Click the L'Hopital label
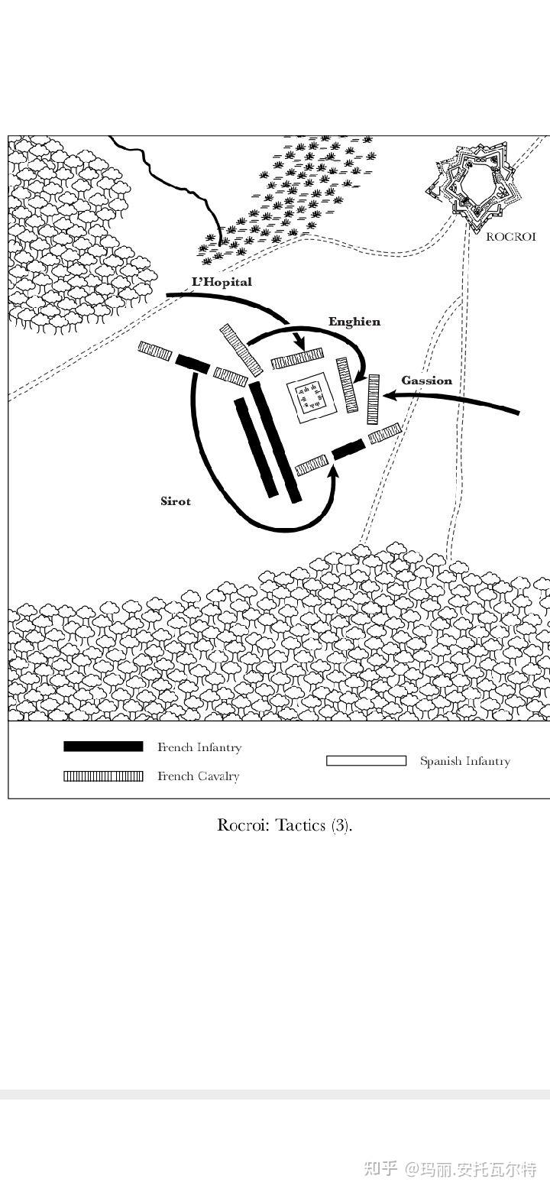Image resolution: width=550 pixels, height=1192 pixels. (222, 281)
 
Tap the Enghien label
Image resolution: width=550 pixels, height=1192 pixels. (354, 322)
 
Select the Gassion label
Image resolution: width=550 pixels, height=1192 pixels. (426, 381)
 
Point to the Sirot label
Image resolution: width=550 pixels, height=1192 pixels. (176, 501)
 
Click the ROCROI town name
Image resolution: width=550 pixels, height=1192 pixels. (510, 237)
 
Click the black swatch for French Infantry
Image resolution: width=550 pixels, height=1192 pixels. (103, 746)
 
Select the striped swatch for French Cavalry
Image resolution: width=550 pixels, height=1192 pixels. (103, 776)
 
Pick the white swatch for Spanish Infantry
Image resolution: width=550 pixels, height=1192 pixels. (366, 761)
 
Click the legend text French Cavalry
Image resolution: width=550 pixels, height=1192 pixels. (199, 776)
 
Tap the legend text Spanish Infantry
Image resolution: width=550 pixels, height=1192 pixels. (465, 762)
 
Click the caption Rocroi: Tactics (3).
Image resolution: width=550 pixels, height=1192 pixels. (285, 824)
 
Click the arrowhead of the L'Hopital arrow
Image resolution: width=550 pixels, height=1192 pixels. (299, 341)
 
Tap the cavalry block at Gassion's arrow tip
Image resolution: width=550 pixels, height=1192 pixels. (374, 399)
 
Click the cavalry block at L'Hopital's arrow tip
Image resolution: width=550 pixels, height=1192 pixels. (298, 359)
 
